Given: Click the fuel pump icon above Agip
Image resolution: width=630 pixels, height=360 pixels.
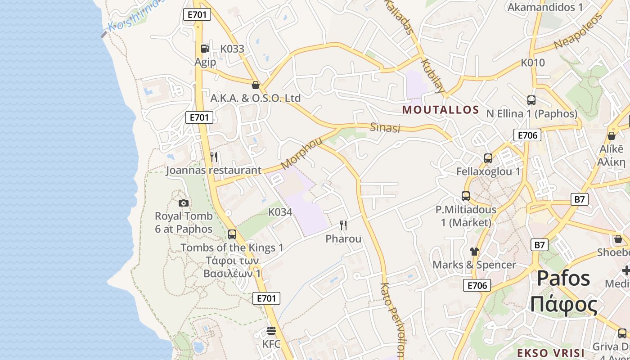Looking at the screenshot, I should coord(205,48).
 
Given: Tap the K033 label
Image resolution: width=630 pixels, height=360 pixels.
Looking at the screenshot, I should coord(232,49).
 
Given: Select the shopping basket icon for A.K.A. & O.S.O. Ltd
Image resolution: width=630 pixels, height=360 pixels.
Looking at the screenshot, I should coord(256,85).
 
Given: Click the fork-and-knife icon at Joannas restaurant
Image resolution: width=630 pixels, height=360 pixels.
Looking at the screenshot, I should coord(214,157).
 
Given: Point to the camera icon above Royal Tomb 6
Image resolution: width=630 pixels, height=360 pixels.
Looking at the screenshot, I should coord(183,203).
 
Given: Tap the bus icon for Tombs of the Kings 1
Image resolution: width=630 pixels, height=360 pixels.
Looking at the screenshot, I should coord(232,234).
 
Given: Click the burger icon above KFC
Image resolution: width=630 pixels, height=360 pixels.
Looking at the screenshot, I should coord(271,331).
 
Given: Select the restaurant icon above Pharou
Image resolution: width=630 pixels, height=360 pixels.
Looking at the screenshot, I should coord(343,225).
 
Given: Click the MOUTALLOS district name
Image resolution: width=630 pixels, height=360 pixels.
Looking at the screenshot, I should coord(441,110).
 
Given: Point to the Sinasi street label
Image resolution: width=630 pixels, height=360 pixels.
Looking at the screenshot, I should coord(385,128).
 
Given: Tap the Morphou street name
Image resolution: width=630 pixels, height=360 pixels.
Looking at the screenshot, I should coord(301,153).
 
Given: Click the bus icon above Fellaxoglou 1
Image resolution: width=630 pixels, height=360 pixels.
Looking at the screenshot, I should coord(488,158).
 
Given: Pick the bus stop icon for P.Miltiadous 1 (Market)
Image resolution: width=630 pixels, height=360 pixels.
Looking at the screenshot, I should coord(466,196).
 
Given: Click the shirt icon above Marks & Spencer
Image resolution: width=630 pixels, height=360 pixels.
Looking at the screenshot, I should coord(474,251).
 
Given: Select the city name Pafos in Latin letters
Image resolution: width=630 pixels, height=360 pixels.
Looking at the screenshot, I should coord(563,278).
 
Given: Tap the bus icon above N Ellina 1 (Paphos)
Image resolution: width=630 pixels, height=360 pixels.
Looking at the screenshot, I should coord(531,100).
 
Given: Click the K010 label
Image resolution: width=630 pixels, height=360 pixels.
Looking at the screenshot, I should coord(533,63).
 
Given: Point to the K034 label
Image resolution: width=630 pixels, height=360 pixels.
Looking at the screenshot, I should coord(280,212).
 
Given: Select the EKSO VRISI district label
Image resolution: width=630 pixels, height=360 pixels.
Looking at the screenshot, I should coord(550,353).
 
